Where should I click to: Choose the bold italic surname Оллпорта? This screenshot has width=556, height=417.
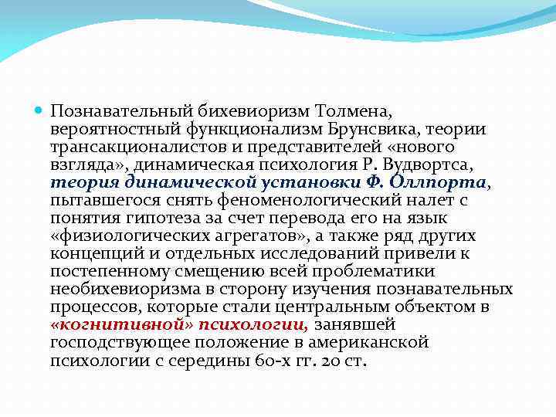449,182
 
